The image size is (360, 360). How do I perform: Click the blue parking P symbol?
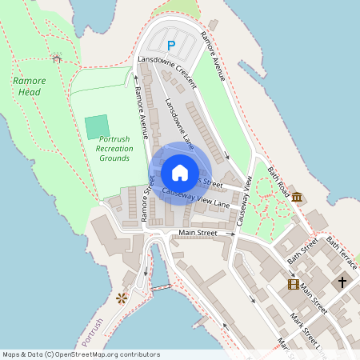(170, 46)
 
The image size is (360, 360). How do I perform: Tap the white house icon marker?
(180, 172)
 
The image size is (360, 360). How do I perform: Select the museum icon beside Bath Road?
(297, 197)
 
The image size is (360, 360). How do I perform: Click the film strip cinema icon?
(294, 284)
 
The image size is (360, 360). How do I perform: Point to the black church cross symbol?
(342, 282)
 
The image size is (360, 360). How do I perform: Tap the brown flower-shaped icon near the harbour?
(122, 298)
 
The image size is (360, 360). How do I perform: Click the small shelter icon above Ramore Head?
(57, 58)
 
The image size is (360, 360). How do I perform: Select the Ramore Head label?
(30, 86)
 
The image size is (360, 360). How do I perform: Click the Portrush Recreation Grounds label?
(114, 148)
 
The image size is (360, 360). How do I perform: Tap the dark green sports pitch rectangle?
(97, 126)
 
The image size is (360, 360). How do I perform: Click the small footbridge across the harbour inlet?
(161, 286)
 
